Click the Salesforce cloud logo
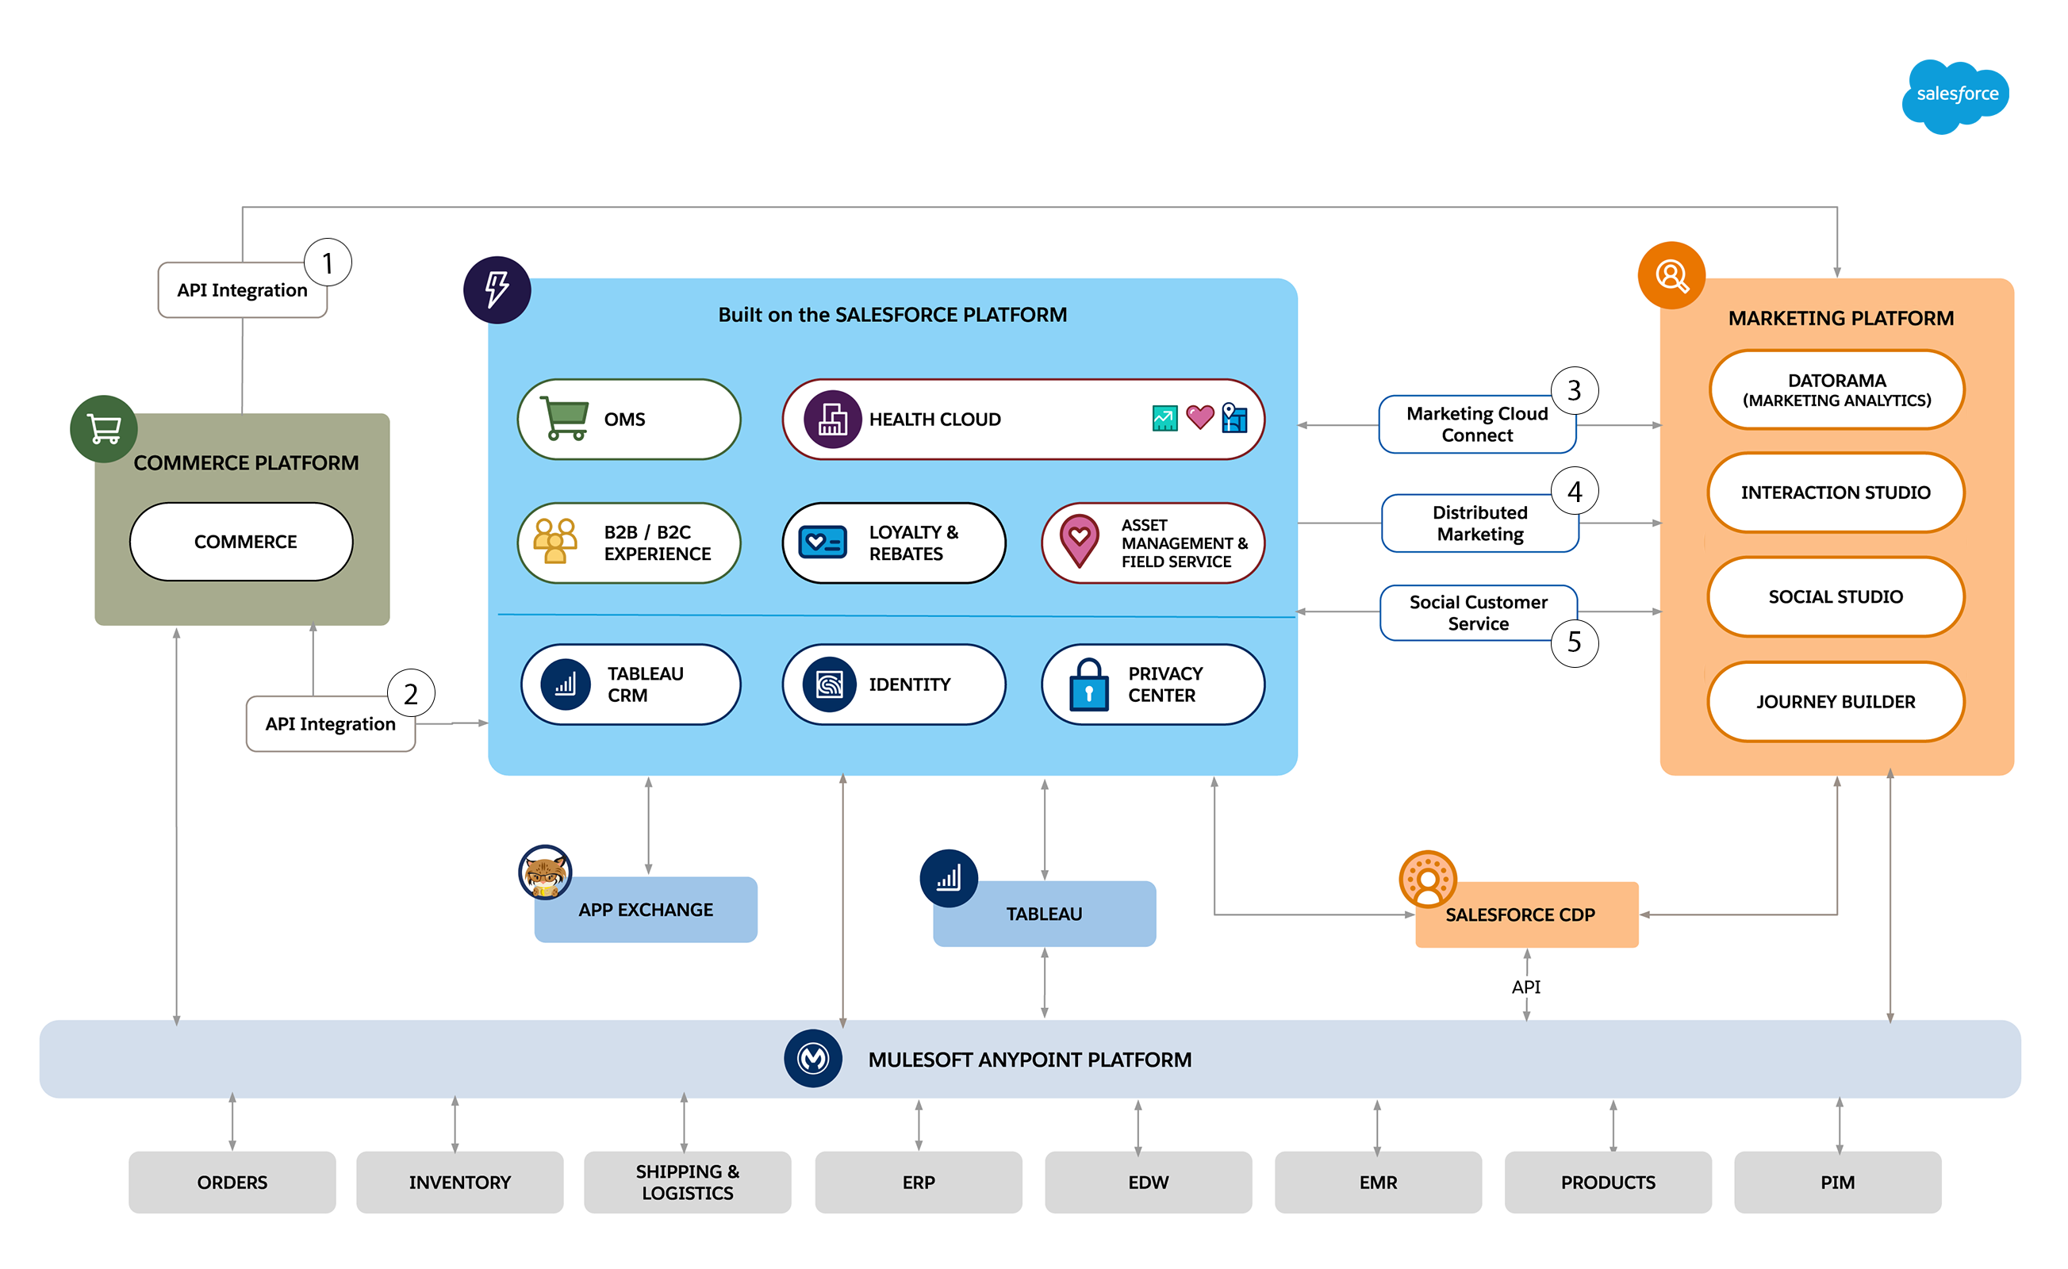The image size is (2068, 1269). [1955, 95]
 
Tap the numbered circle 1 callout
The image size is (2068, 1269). [328, 263]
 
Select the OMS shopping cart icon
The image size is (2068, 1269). [564, 418]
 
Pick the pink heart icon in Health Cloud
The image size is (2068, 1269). [1199, 417]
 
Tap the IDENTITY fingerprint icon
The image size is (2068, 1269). [829, 684]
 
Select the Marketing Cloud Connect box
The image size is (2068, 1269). [1476, 424]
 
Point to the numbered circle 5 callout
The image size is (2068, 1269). [1574, 642]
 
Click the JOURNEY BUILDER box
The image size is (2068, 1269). [1836, 702]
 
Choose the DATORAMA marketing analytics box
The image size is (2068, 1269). [1836, 390]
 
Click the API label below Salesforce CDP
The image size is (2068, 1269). [1526, 987]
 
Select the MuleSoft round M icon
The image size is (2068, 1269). [812, 1058]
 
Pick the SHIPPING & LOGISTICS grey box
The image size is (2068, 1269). [688, 1182]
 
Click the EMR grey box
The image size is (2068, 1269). [1378, 1182]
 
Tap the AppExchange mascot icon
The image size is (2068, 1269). [545, 872]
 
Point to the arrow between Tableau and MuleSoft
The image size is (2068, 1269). [1044, 983]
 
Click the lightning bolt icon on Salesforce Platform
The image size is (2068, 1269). [497, 289]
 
